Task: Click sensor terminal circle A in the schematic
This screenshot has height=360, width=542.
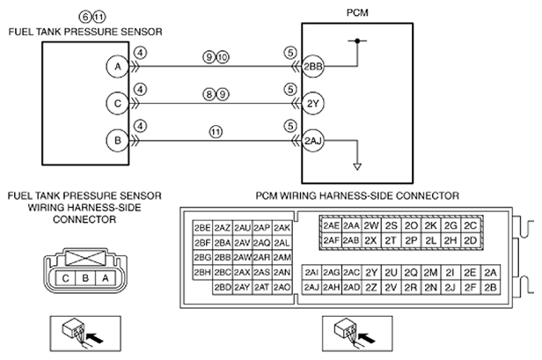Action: click(118, 66)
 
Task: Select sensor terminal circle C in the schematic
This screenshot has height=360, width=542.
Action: click(118, 103)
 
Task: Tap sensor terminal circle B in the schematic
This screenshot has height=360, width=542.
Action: click(118, 141)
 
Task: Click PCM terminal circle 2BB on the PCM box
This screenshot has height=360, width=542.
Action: click(313, 66)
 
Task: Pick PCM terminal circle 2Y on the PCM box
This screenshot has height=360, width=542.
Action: click(313, 103)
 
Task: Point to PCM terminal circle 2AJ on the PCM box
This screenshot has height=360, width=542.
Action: click(313, 141)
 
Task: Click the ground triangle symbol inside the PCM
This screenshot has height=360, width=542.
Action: click(357, 166)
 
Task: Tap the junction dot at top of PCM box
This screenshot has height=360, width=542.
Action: click(357, 40)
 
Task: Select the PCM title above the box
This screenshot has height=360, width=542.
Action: click(357, 13)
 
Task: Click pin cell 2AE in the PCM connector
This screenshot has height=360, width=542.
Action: click(331, 225)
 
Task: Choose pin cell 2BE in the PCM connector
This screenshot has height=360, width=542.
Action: click(202, 228)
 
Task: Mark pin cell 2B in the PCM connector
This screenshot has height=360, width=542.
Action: click(490, 287)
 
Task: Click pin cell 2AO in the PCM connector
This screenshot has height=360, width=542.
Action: click(282, 287)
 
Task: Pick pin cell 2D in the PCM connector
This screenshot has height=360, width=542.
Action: click(470, 240)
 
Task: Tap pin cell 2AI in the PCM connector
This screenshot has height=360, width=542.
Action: click(311, 273)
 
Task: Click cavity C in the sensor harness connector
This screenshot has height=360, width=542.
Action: click(65, 278)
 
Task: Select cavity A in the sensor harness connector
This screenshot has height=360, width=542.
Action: click(105, 278)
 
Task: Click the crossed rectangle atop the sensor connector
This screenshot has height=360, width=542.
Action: click(85, 258)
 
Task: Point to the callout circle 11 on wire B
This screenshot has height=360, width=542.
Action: click(216, 132)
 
